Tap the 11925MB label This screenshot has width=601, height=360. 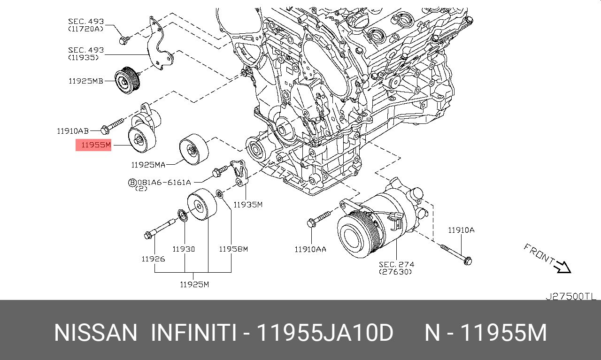(86, 81)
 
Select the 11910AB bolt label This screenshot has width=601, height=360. (73, 131)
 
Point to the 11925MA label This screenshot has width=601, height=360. (148, 165)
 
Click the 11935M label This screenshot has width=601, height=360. (248, 205)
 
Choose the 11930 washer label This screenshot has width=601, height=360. (184, 249)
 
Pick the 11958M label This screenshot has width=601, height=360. (233, 249)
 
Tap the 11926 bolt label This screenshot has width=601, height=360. (153, 259)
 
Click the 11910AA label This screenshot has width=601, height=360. (310, 249)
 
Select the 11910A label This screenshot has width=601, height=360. (461, 230)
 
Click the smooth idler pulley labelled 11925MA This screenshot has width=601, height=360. (193, 149)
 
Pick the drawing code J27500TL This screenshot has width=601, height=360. (570, 296)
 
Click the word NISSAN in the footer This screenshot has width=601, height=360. (96, 333)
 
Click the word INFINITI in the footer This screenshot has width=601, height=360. (193, 333)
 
